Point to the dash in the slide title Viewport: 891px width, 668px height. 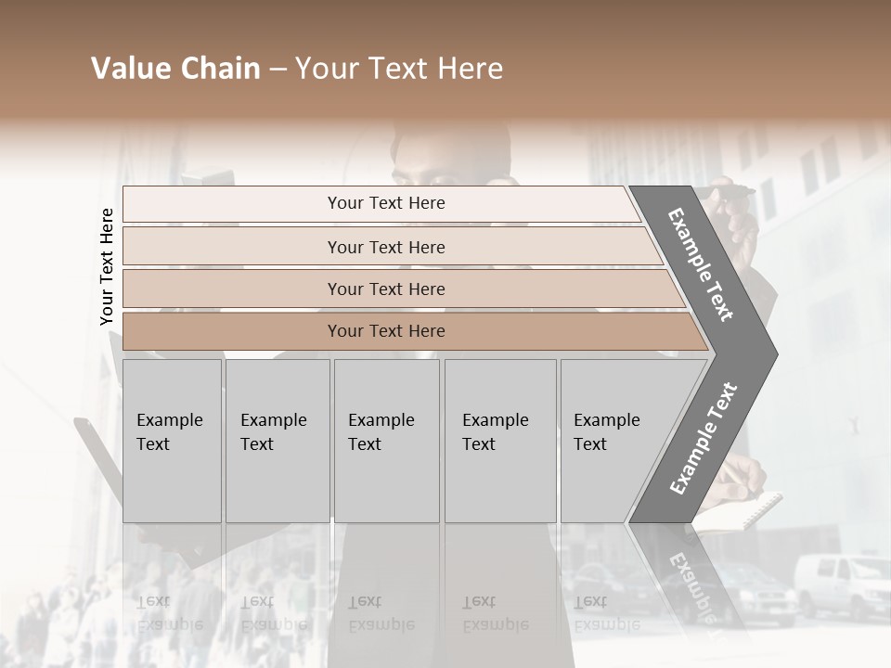tap(278, 70)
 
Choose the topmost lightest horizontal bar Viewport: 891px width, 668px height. tap(381, 203)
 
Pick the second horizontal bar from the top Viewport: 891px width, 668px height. tap(381, 247)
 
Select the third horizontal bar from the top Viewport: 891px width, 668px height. tap(381, 289)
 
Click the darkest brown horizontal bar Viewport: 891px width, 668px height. tap(381, 331)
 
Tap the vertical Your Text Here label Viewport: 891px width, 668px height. tap(107, 266)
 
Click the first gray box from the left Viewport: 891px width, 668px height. tap(172, 441)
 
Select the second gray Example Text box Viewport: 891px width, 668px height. tap(278, 441)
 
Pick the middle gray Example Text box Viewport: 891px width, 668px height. tap(386, 441)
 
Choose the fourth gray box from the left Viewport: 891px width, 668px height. tap(500, 441)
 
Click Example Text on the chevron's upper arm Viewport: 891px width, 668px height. tap(701, 264)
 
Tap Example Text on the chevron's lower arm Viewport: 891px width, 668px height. tap(703, 438)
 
